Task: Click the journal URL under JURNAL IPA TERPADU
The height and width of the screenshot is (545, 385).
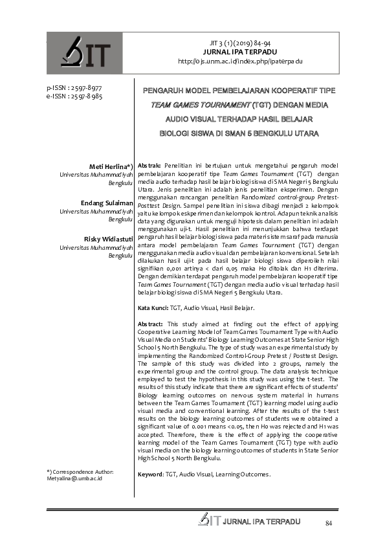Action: pyautogui.click(x=240, y=61)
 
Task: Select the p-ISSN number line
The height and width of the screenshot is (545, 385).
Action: pyautogui.click(x=74, y=87)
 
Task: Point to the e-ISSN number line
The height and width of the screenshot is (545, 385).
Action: pyautogui.click(x=74, y=96)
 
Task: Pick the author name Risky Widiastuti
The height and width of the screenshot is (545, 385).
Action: pyautogui.click(x=109, y=240)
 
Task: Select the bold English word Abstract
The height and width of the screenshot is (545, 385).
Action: pyautogui.click(x=152, y=323)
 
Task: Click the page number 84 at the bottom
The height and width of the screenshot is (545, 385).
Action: pyautogui.click(x=328, y=522)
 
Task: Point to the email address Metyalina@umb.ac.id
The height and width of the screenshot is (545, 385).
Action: pyautogui.click(x=74, y=479)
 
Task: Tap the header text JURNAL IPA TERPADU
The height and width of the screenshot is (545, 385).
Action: pyautogui.click(x=240, y=52)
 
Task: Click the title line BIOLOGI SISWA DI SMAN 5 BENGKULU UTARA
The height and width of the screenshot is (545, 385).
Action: pyautogui.click(x=239, y=134)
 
